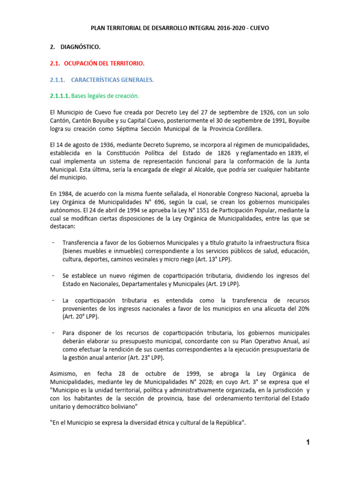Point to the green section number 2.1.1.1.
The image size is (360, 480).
[60, 96]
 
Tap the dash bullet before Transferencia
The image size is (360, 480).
[52, 242]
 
